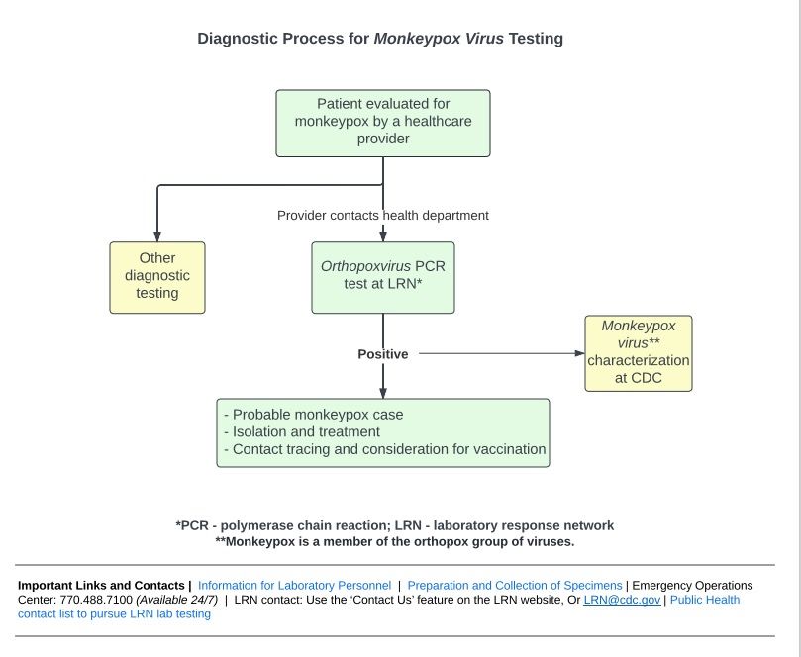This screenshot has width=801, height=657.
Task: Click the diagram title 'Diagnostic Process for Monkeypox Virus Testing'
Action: (380, 39)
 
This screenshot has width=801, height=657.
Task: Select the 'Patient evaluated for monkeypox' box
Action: (383, 123)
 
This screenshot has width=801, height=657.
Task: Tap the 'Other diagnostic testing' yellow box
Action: (157, 277)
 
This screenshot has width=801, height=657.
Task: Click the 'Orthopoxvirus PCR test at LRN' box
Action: (383, 277)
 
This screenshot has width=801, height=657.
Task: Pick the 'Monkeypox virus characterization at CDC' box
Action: (639, 353)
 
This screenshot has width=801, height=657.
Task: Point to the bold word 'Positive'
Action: (383, 354)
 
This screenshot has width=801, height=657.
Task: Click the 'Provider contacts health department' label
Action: (383, 216)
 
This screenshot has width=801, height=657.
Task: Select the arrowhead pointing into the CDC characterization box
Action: (579, 353)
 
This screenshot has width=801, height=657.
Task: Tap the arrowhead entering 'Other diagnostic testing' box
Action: (157, 236)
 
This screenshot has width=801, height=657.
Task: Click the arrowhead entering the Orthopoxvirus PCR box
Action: (383, 236)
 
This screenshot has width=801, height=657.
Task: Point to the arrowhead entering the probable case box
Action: (383, 393)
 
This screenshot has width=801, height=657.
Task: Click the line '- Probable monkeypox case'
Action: (314, 415)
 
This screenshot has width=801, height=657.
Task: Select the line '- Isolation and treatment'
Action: (302, 431)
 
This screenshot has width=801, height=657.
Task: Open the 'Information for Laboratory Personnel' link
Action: (294, 585)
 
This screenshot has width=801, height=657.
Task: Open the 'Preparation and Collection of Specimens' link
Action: (515, 585)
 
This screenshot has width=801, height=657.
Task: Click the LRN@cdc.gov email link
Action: (622, 600)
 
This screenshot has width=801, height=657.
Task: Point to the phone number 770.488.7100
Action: (96, 600)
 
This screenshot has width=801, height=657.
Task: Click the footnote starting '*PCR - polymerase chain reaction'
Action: (394, 525)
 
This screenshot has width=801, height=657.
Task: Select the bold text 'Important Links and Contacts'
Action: (101, 585)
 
